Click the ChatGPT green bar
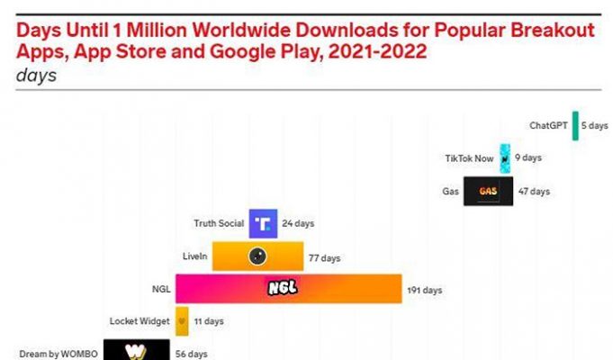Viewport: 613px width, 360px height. pyautogui.click(x=576, y=126)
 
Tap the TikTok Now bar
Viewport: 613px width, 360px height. pyautogui.click(x=506, y=158)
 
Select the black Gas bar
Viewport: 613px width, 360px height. pyautogui.click(x=489, y=191)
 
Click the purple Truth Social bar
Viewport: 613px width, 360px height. pyautogui.click(x=263, y=223)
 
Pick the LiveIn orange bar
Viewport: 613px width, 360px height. pyautogui.click(x=256, y=256)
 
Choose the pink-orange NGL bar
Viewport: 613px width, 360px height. pyautogui.click(x=288, y=289)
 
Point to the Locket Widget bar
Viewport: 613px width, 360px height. pyautogui.click(x=182, y=320)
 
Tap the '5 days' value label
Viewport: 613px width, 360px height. pyautogui.click(x=595, y=126)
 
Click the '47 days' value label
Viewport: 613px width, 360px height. pyautogui.click(x=534, y=191)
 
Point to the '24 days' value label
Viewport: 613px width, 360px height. pyautogui.click(x=298, y=223)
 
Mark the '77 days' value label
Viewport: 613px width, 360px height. pyautogui.click(x=325, y=257)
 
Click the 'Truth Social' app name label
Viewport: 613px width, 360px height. pyautogui.click(x=219, y=223)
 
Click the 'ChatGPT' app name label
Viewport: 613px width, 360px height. pyautogui.click(x=548, y=126)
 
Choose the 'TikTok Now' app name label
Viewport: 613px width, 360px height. pyautogui.click(x=470, y=158)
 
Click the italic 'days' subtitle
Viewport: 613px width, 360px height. pyautogui.click(x=36, y=76)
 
